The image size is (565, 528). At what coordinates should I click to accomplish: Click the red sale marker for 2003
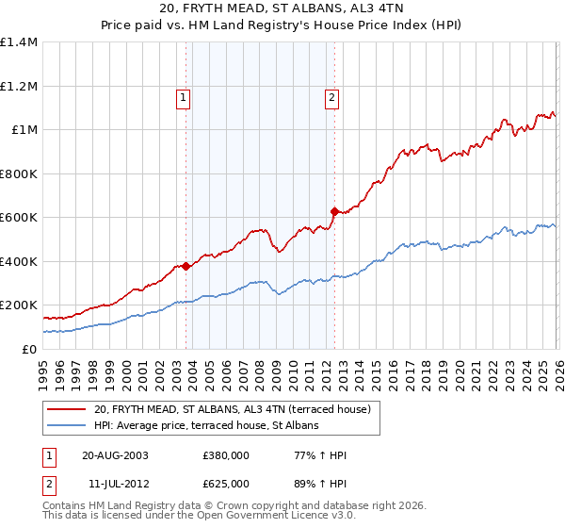pos(186,266)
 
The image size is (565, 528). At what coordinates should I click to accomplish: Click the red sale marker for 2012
pos(334,211)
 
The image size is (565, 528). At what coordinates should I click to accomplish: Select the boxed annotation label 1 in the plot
pos(182,95)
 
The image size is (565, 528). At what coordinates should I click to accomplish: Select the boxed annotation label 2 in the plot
pos(332,95)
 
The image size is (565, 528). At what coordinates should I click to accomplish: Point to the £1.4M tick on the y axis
pos(19,42)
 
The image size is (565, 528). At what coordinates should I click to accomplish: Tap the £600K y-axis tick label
pos(19,218)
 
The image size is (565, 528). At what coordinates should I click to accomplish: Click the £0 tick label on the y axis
pos(28,349)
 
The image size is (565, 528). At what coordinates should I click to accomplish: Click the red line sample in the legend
pos(67,409)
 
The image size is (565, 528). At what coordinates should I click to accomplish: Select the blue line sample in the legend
pos(67,425)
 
